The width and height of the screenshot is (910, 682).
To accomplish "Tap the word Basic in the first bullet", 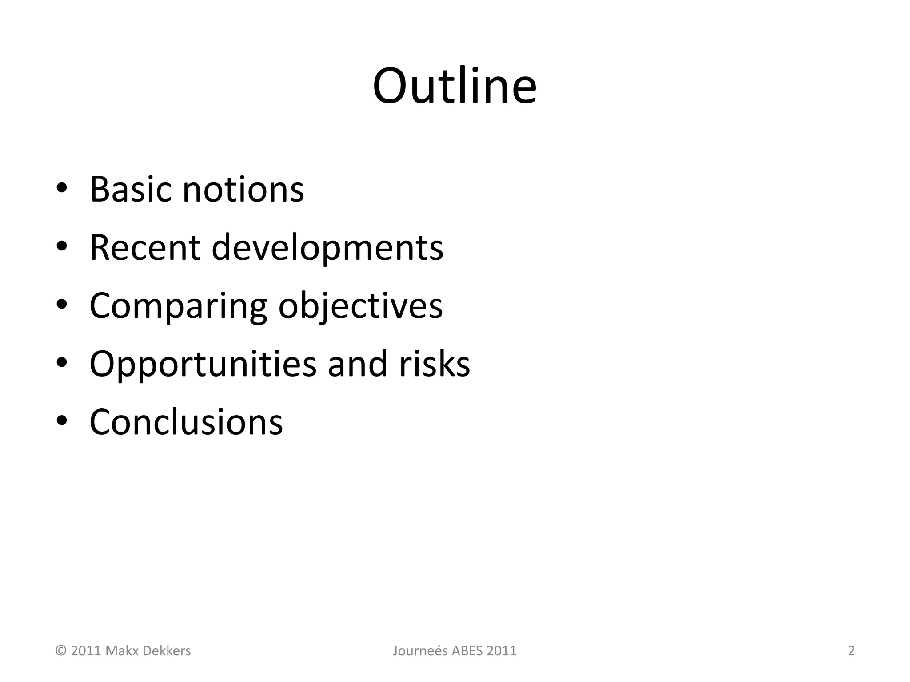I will point(130,190).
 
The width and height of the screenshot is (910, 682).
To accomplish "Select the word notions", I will point(243,190).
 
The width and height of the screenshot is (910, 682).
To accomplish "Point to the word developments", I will point(327,248).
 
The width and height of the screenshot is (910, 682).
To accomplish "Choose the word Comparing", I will point(178,306).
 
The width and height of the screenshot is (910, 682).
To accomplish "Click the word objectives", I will point(360,306).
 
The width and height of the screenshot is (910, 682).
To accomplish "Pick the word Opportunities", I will point(203,364).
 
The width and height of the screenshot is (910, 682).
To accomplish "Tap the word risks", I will point(434,364).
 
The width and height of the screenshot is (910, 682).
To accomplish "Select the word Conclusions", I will point(186,422).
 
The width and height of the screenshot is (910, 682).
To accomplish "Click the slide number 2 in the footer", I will point(851,651).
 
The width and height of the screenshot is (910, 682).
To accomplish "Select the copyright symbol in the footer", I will point(60,651).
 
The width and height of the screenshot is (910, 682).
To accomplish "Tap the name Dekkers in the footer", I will point(168,651).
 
